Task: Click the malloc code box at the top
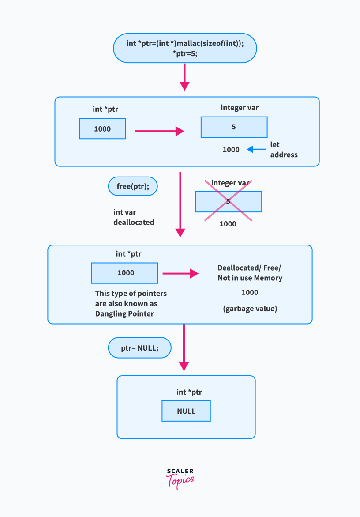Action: [185, 48]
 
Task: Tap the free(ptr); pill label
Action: [133, 186]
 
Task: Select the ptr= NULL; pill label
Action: [139, 348]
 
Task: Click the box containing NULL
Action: [186, 411]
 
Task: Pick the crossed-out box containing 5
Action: [228, 202]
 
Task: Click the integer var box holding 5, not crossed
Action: [234, 127]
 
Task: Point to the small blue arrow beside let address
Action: [256, 149]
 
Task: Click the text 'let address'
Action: [283, 150]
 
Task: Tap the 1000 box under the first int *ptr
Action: [102, 129]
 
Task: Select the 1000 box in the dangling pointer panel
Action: [124, 273]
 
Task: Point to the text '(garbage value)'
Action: [250, 309]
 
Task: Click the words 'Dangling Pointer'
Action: [125, 313]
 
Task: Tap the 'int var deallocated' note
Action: [133, 217]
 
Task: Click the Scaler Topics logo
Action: [180, 478]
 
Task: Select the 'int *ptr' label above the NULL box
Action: [189, 392]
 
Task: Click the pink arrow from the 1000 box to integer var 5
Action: [158, 131]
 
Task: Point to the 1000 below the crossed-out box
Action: [228, 224]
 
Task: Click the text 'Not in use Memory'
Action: [250, 278]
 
